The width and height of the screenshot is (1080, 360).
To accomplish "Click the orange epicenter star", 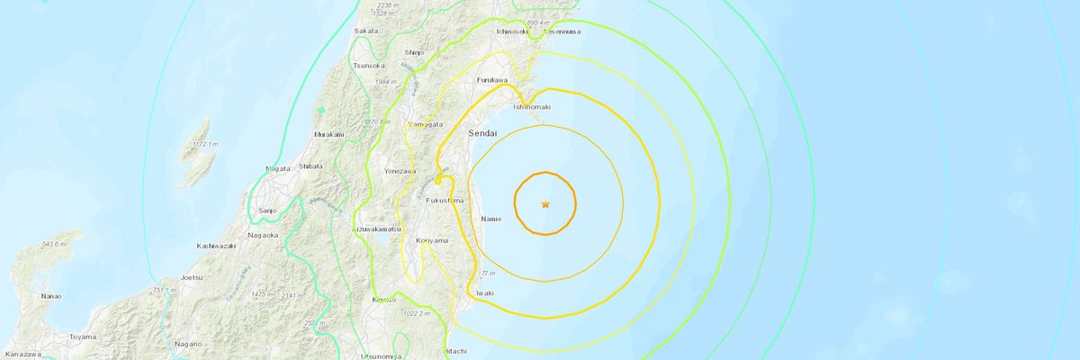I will (x=544, y=204).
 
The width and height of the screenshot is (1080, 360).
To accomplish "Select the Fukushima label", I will (x=445, y=199).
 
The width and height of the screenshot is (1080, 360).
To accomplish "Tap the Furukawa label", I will (x=492, y=80).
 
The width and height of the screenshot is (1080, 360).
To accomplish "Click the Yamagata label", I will (x=425, y=122).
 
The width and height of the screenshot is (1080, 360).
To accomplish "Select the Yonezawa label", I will (x=400, y=169).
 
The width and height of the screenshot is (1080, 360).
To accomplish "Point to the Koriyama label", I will (x=432, y=241).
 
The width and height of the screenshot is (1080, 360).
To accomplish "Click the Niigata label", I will (x=278, y=168).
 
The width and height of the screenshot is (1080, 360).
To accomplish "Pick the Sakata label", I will (x=366, y=31).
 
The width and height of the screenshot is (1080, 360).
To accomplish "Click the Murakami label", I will (x=328, y=134).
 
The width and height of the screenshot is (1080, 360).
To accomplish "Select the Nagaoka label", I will (x=263, y=235).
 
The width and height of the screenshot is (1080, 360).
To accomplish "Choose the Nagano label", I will (x=188, y=344).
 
